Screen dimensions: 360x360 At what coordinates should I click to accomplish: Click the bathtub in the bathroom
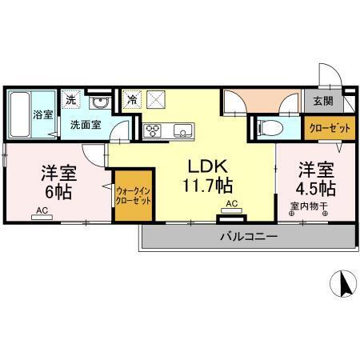point(19,114)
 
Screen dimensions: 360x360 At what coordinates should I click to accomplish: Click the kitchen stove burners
point(152,130)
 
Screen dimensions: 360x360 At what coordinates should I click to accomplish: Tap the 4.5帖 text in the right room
point(315,190)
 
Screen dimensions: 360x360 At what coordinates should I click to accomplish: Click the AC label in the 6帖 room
point(41,212)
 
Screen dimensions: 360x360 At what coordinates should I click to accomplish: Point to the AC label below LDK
point(231,204)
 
